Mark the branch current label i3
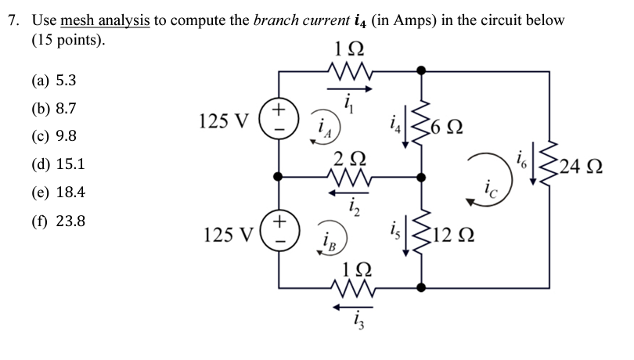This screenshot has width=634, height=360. pyautogui.click(x=345, y=317)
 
